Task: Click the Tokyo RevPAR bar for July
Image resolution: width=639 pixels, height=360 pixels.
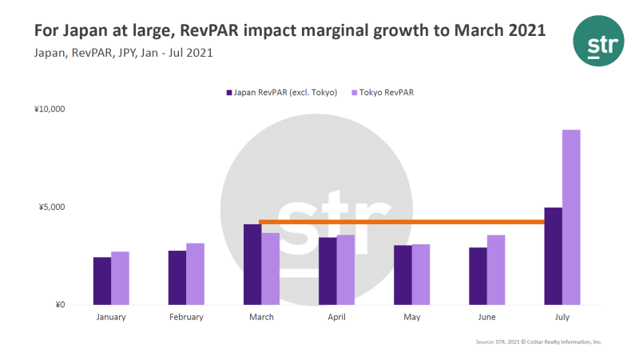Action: pyautogui.click(x=571, y=217)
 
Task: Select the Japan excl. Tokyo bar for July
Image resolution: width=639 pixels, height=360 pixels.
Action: pyautogui.click(x=553, y=256)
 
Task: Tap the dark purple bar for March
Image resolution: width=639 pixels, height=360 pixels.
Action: pyautogui.click(x=252, y=264)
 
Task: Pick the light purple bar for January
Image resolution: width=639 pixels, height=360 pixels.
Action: pyautogui.click(x=120, y=278)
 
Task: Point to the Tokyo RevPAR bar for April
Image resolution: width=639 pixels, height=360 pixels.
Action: pyautogui.click(x=346, y=270)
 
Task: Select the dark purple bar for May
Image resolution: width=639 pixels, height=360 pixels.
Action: pyautogui.click(x=403, y=275)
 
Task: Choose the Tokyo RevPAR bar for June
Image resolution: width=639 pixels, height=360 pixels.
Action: pyautogui.click(x=496, y=270)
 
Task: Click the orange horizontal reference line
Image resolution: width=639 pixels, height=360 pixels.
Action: pyautogui.click(x=399, y=222)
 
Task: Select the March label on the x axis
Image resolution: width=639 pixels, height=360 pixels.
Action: pyautogui.click(x=261, y=317)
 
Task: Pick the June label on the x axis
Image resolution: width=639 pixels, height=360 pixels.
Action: pyautogui.click(x=486, y=317)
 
